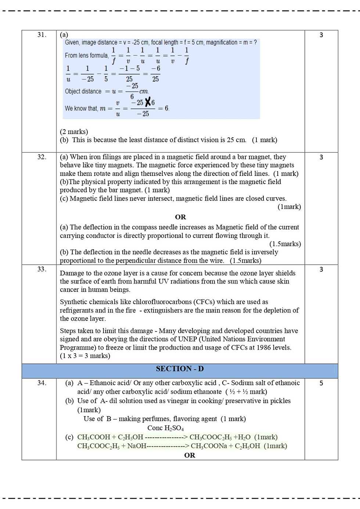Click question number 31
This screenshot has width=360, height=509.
pos(42,35)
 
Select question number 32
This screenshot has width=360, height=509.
pos(42,157)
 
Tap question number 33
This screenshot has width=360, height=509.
pos(42,269)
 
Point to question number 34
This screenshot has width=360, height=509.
pos(42,383)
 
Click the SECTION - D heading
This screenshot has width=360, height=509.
pos(180,369)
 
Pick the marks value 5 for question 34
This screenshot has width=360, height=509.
pos(321,383)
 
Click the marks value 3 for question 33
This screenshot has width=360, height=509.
pos(321,270)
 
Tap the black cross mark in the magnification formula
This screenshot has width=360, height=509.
pos(148,102)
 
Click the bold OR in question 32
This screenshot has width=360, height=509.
pos(180,217)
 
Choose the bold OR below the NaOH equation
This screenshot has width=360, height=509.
pos(190,455)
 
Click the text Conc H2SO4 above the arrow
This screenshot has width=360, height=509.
pos(165,428)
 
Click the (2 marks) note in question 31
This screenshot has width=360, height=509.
pos(74,131)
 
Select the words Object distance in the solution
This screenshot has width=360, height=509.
pos(83,91)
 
